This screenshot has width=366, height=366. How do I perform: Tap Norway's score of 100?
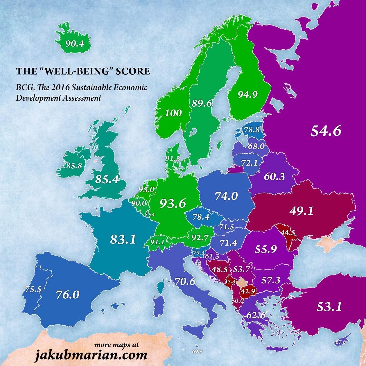pos(173,113)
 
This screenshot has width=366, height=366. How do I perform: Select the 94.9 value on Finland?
pos(248,95)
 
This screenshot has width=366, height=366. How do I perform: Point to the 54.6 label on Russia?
pos(325,131)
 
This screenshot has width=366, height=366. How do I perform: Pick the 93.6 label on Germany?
pos(173,204)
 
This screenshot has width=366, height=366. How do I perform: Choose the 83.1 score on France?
pos(123,240)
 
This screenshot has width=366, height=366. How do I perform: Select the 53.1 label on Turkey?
pos(329,306)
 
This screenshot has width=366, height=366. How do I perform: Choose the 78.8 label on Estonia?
pos(252,130)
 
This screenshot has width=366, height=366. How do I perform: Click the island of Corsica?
pos(160,288)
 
